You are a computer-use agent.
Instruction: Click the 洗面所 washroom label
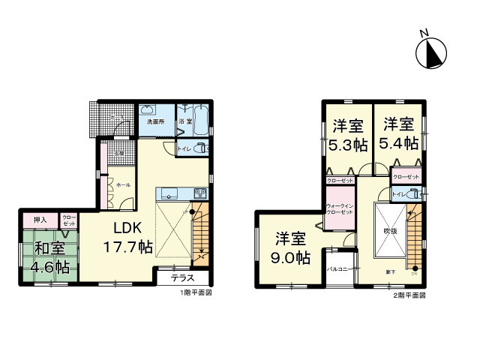click(x=155, y=121)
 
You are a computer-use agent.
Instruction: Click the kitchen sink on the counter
click(x=167, y=191)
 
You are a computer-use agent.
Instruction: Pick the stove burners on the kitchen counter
click(x=199, y=191)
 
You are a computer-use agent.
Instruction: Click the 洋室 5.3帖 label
click(x=347, y=135)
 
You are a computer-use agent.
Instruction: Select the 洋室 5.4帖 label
click(x=399, y=135)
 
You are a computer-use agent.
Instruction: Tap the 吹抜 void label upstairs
click(x=390, y=231)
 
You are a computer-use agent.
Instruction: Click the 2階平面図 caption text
click(x=409, y=295)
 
